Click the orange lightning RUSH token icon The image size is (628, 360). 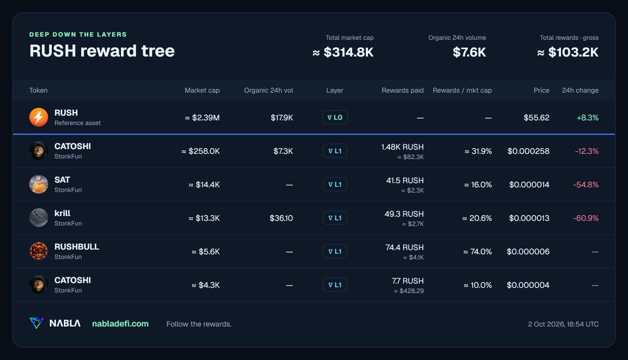coord(39,117)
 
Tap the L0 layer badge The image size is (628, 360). coord(335,118)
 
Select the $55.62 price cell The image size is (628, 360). coord(536,118)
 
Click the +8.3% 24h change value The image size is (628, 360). coord(587,118)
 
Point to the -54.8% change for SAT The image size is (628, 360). coord(586,185)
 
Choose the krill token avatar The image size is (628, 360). coord(39,218)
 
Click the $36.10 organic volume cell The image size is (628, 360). coord(281,218)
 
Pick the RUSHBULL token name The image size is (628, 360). coord(76,247)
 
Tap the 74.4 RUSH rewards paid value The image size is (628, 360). coord(404,248)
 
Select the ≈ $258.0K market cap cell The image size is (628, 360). coord(201,151)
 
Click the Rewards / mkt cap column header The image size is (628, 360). coord(462,91)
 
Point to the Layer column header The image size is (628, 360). coord(335,91)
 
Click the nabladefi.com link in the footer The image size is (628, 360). coord(120,324)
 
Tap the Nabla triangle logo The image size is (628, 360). coord(37,323)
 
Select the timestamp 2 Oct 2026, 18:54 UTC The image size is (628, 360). coord(563,324)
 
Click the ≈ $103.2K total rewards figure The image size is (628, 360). coord(568,52)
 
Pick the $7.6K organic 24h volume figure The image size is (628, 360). coord(469,52)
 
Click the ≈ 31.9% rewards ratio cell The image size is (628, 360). coord(478,151)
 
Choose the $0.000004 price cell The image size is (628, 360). coord(528,285)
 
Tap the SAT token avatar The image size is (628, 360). coord(39,184)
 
